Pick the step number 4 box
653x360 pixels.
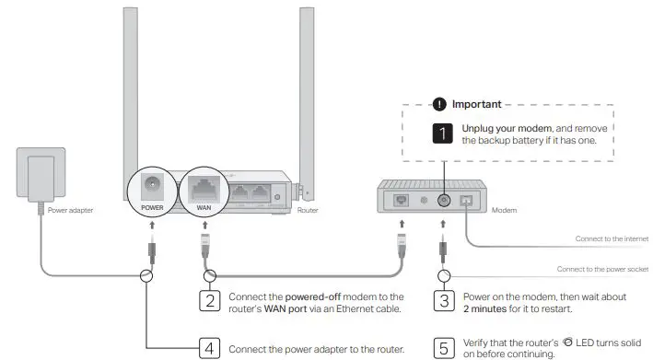(x=211, y=349)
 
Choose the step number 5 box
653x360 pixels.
(x=444, y=349)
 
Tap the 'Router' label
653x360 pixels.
(x=309, y=209)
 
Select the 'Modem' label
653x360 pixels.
(x=506, y=209)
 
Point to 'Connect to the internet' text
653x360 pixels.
(x=612, y=238)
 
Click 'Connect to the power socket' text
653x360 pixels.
(x=603, y=269)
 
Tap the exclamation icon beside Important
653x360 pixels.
(x=439, y=104)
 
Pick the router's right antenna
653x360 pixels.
(x=307, y=83)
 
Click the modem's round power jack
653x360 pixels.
(x=443, y=198)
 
